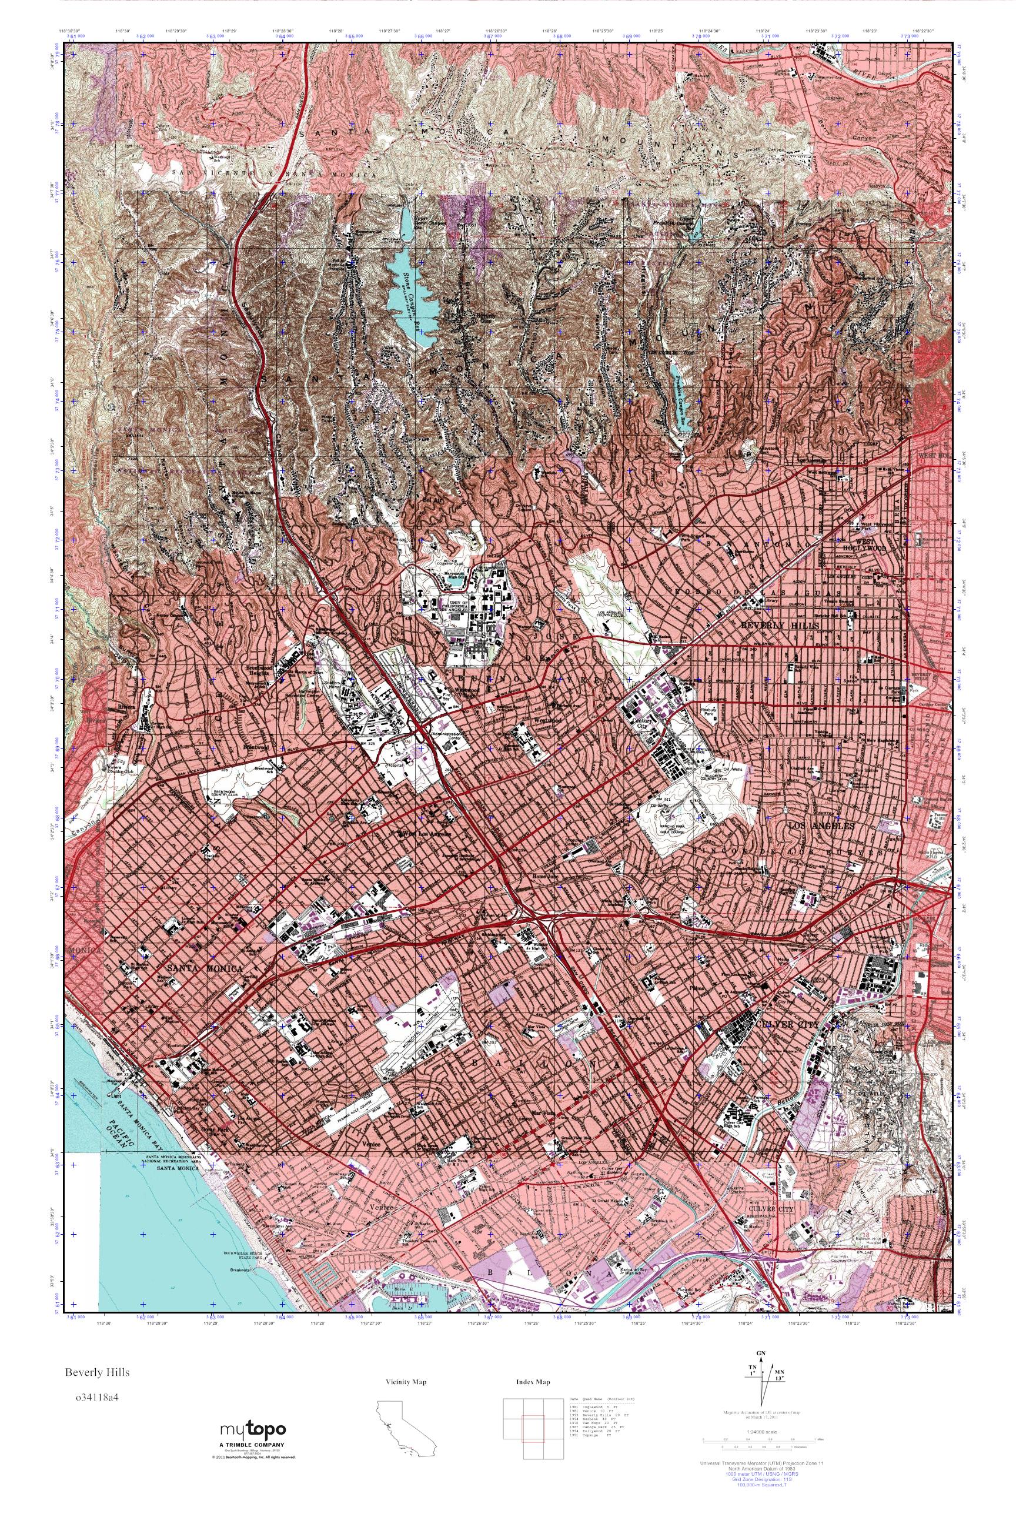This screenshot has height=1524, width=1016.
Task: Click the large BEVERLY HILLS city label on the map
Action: point(780,625)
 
